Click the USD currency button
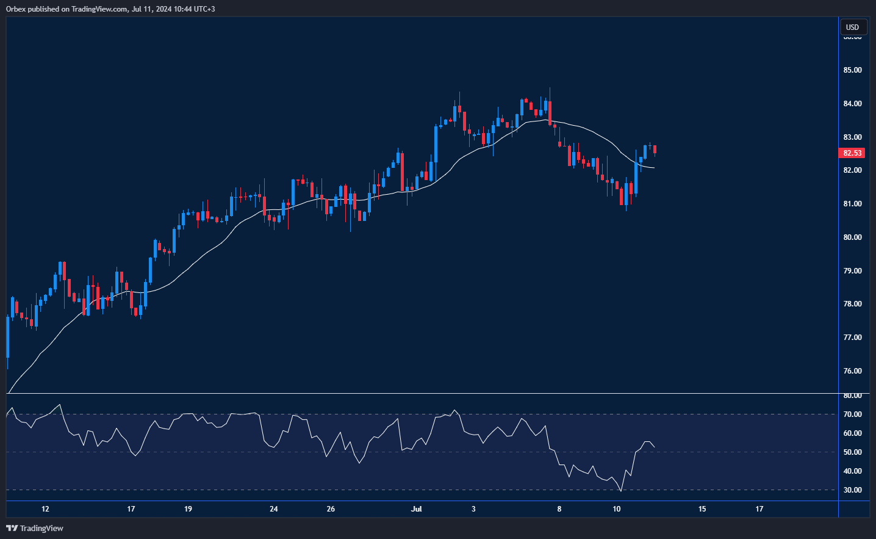point(852,27)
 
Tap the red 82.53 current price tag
point(852,153)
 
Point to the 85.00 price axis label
point(852,70)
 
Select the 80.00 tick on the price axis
point(852,237)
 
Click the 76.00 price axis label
point(852,371)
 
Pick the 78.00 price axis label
point(852,304)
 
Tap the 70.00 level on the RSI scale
point(852,414)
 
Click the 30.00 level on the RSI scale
point(852,490)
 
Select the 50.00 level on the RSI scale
point(852,452)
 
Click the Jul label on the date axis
point(417,509)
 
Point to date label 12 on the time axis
point(45,509)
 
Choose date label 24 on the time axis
point(274,509)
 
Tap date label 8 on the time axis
point(559,509)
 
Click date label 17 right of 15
point(759,509)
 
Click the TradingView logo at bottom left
point(35,528)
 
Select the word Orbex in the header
point(16,9)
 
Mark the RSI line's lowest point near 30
point(621,491)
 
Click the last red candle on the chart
point(655,150)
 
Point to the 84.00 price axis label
point(852,104)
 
